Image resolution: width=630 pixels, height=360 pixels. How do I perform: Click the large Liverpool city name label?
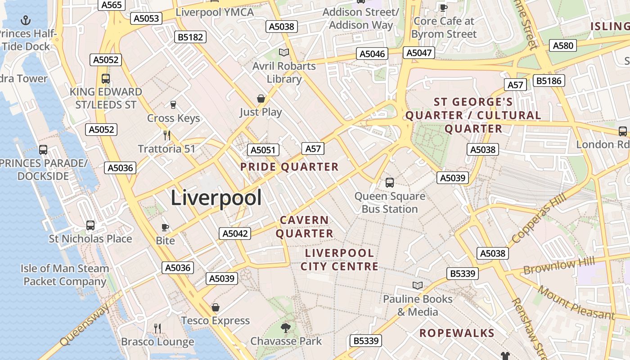(x=216, y=198)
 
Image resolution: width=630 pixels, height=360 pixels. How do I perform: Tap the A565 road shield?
(x=111, y=5)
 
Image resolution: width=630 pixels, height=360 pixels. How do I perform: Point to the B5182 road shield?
(x=190, y=37)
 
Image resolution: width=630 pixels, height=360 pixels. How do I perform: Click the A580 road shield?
(x=563, y=45)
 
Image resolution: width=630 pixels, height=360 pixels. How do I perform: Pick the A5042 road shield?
(x=235, y=234)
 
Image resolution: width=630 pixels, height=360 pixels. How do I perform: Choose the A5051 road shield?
(x=263, y=150)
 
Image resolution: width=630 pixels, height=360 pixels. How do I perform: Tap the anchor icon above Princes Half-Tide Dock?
(x=26, y=20)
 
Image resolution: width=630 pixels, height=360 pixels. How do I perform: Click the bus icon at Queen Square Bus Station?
(x=390, y=183)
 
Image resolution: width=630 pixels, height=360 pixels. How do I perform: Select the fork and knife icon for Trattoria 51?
(x=166, y=135)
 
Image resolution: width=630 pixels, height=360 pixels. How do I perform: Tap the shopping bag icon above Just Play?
(x=261, y=99)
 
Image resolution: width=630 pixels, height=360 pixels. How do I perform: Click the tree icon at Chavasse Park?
(x=285, y=328)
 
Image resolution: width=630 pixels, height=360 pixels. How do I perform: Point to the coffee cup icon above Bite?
(x=165, y=227)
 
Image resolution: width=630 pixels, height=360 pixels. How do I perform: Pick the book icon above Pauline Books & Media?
(x=418, y=285)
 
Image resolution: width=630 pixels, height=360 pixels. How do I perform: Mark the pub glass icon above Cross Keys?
(x=173, y=105)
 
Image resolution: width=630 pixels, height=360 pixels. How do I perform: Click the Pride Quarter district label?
(x=289, y=167)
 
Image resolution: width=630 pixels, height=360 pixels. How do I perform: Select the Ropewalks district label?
(x=457, y=333)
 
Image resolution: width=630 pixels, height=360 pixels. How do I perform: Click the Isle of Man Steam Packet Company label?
(x=65, y=275)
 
